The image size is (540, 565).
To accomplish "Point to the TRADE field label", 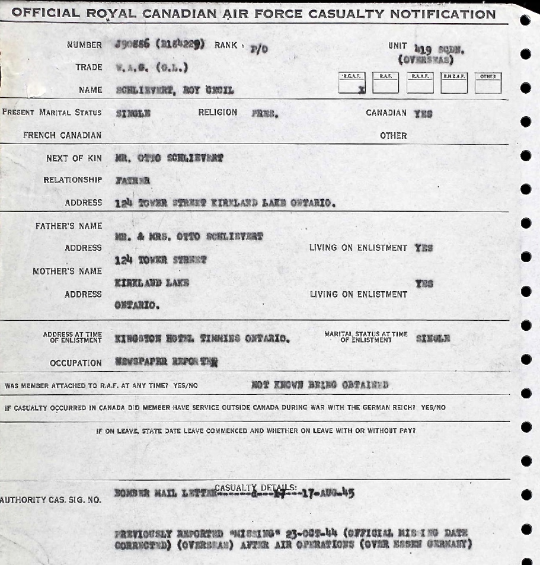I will click(88, 67).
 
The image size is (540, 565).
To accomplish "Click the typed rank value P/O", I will click(259, 49).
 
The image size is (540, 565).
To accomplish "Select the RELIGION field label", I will click(218, 112).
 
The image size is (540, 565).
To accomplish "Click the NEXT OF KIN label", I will click(74, 158).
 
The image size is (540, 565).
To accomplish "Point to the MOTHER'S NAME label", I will click(67, 271).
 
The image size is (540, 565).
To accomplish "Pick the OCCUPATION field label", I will click(76, 363).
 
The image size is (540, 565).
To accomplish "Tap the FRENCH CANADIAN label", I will click(62, 135).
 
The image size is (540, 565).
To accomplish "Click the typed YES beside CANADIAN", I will click(423, 114).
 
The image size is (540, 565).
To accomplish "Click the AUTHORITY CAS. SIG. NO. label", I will click(51, 500).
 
